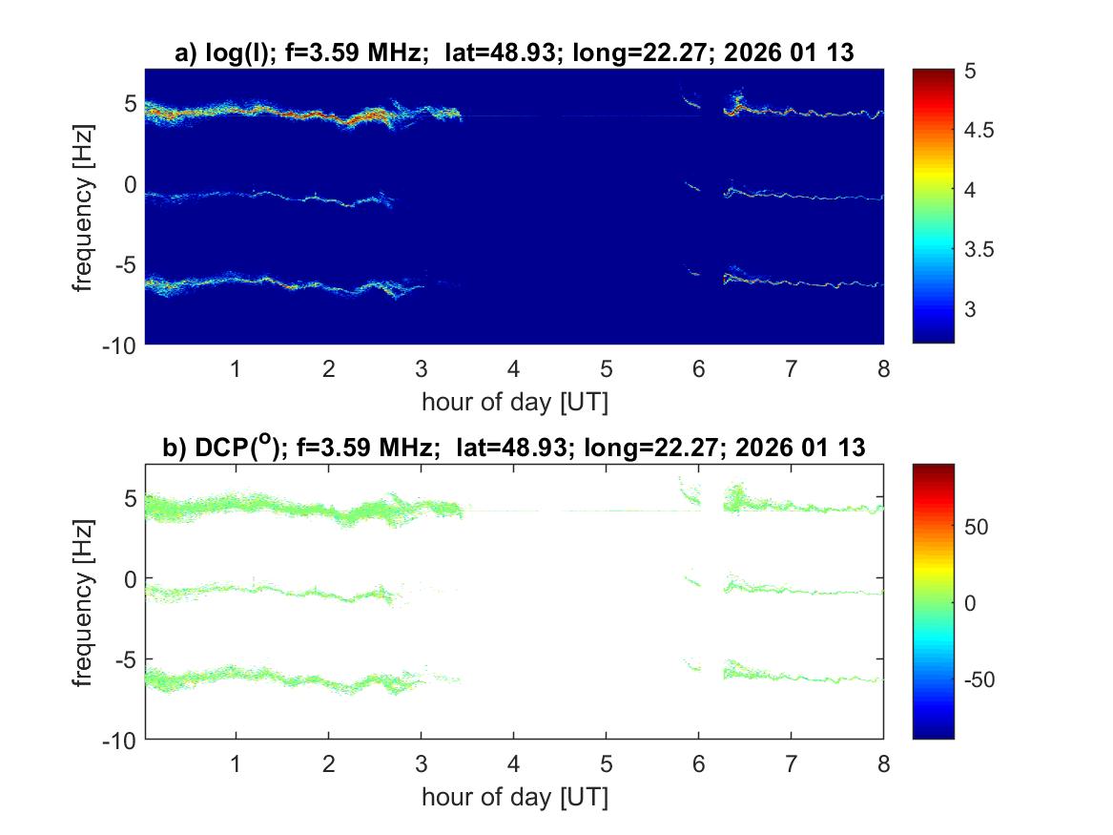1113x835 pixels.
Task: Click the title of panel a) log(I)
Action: tap(514, 54)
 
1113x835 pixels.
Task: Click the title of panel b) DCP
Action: tap(514, 448)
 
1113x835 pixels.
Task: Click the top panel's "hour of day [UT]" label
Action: tap(514, 402)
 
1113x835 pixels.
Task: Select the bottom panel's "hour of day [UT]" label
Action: tap(514, 797)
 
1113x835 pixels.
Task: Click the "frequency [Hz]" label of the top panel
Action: tap(85, 206)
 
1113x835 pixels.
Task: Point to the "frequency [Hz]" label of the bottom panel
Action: tap(85, 601)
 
